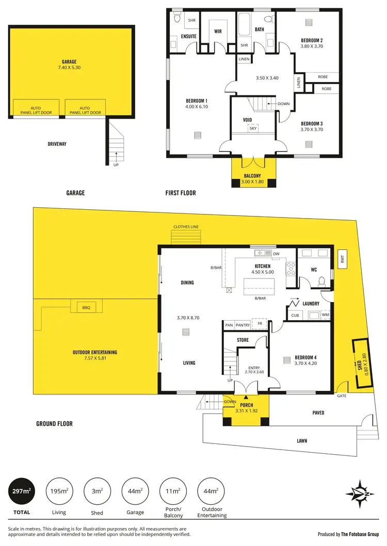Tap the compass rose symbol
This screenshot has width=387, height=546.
tap(357, 491)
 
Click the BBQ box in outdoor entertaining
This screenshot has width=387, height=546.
tap(86, 307)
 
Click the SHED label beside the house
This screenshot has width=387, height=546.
tap(360, 366)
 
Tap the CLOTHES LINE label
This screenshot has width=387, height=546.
tap(186, 227)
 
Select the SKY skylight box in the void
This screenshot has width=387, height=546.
tap(253, 128)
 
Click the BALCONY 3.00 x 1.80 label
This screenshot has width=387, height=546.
tap(253, 178)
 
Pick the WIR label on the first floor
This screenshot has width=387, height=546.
tap(218, 31)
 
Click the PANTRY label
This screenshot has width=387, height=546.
tap(243, 325)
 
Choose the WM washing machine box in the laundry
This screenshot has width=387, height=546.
tap(325, 315)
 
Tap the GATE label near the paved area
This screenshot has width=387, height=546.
tap(342, 396)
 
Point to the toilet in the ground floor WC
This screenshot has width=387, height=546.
tap(322, 280)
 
